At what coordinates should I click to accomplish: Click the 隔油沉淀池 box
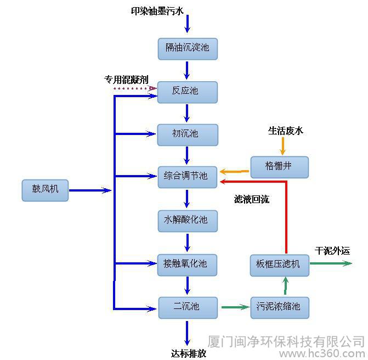(188, 49)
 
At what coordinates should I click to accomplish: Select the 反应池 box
(187, 92)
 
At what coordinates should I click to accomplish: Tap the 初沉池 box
(188, 135)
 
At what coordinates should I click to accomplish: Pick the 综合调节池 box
(187, 177)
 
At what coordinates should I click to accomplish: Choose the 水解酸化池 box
(188, 221)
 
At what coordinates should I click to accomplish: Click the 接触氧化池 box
(187, 265)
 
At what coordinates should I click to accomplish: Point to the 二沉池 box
(188, 308)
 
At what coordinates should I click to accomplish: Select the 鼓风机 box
(45, 190)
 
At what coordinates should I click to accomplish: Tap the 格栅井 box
(279, 167)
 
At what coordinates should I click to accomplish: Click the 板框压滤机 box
(280, 266)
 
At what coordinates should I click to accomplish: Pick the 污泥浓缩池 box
(280, 308)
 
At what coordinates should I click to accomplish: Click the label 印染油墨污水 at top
(157, 11)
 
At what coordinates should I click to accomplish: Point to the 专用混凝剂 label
(126, 80)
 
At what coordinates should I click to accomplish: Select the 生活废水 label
(286, 131)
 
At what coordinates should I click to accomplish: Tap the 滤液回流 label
(251, 199)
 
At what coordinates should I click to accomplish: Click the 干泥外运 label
(332, 251)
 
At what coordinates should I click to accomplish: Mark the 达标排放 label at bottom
(189, 353)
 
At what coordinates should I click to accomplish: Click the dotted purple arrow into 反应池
(135, 88)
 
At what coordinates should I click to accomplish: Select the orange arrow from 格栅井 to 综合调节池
(234, 171)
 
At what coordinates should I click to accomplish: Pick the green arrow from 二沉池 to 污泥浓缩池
(236, 307)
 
